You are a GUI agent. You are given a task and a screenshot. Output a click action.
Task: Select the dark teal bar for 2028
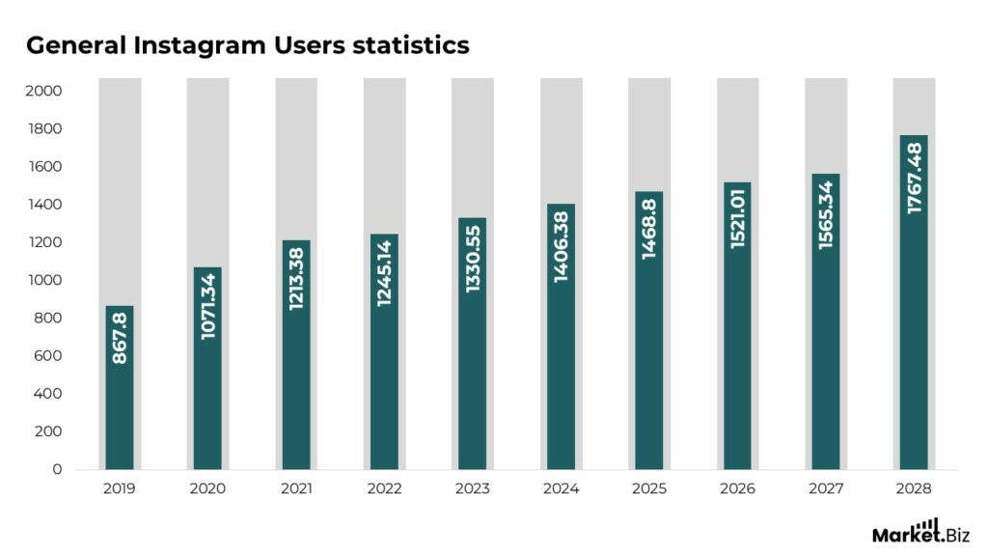914,367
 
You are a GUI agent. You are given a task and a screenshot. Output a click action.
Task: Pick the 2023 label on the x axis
473,489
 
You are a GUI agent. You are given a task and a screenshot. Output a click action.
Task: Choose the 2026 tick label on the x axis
737,489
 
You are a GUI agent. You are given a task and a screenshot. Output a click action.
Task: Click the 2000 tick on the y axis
44,91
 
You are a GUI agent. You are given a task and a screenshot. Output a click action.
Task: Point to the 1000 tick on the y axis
44,280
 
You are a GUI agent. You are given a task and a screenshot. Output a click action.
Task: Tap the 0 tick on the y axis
57,469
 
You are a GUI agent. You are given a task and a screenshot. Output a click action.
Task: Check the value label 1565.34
826,211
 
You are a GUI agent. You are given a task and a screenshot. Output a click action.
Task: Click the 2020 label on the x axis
207,489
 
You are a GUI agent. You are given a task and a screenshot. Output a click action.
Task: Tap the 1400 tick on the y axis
44,205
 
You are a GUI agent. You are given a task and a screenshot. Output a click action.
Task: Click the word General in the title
69,44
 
